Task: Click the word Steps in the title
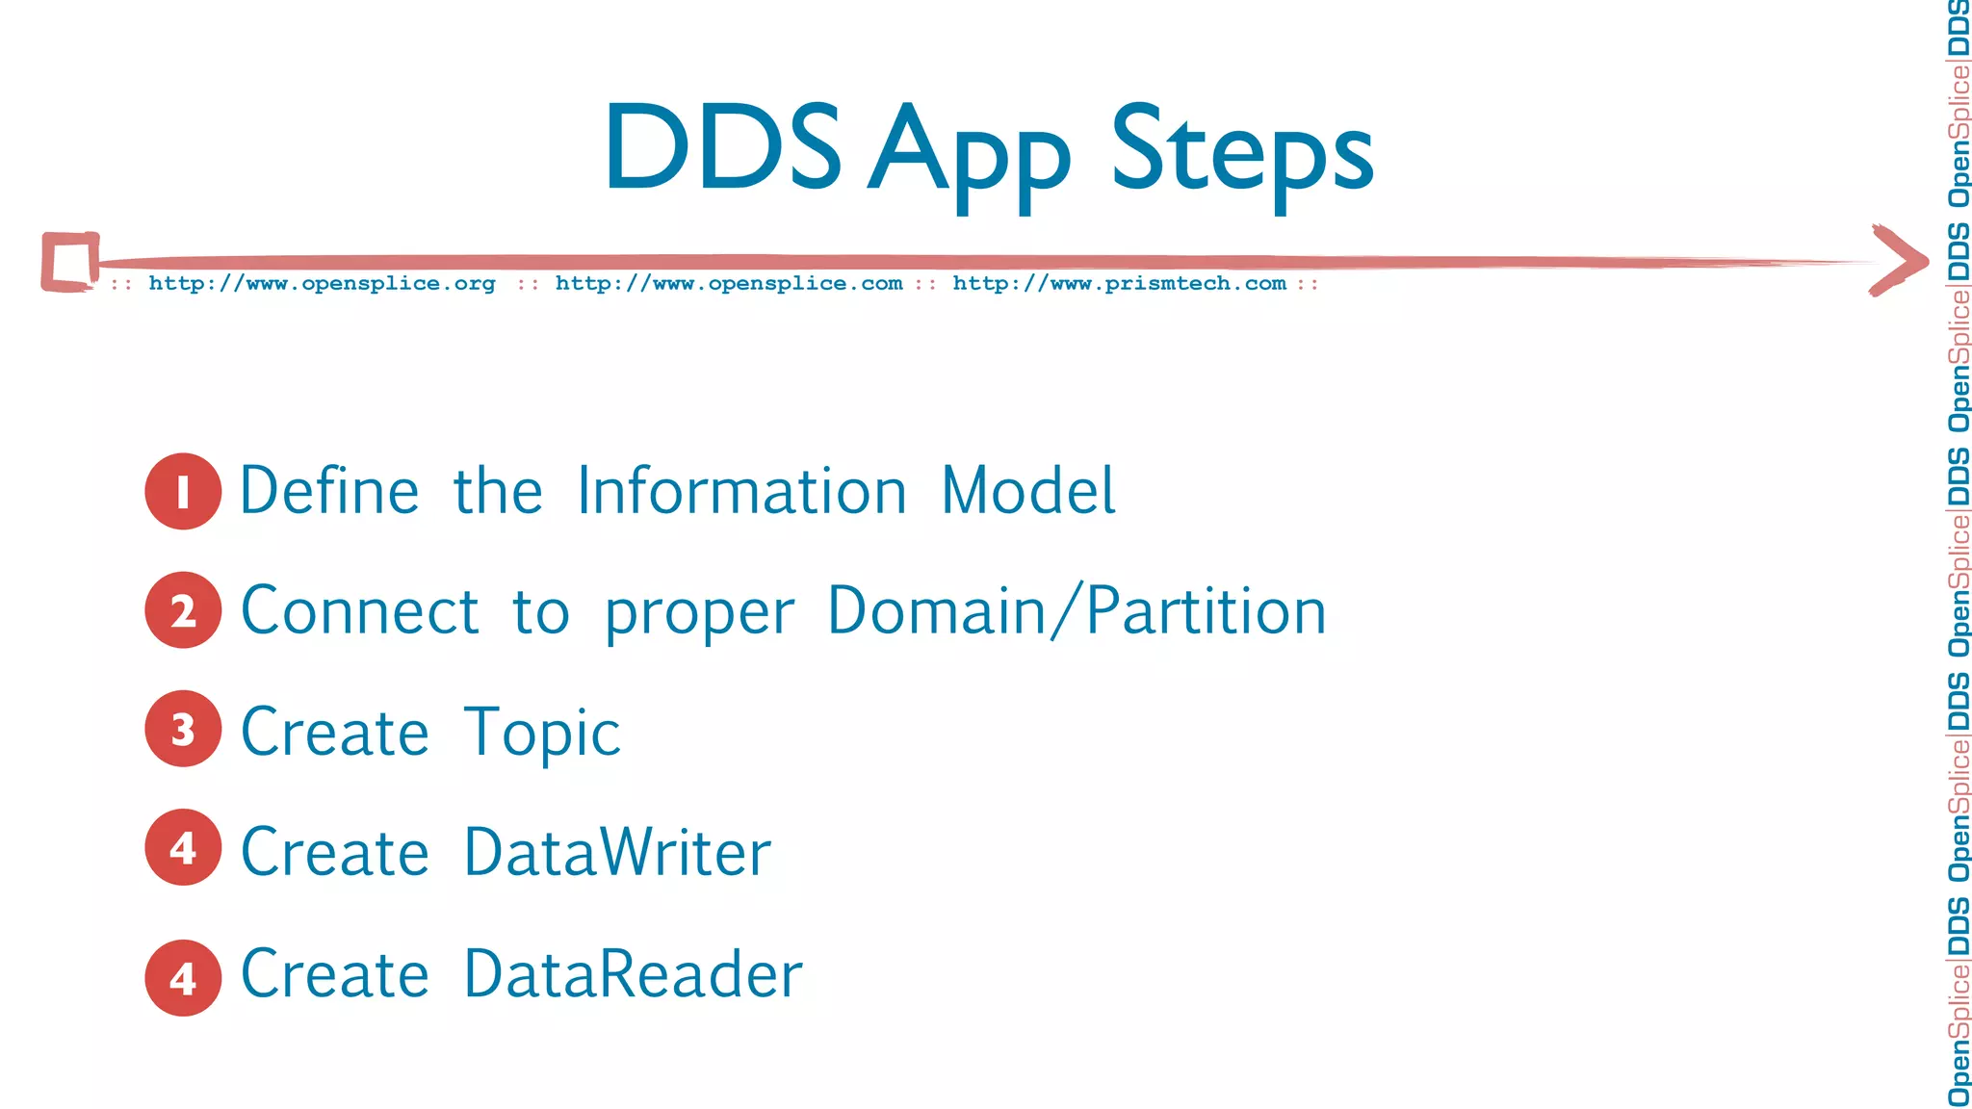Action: tap(1241, 149)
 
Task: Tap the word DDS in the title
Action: tap(722, 147)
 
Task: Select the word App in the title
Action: tap(969, 154)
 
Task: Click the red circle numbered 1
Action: tap(183, 491)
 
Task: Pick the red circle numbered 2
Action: tap(183, 610)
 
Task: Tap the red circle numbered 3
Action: tap(183, 729)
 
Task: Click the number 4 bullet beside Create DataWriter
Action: tap(183, 847)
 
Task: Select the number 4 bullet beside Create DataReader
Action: tap(183, 978)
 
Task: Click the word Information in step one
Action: tap(741, 491)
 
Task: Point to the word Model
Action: tap(1027, 491)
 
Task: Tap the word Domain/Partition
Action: tap(1077, 611)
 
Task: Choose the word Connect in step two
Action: tap(359, 611)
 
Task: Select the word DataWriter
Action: tap(617, 852)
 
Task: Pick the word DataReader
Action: tap(633, 974)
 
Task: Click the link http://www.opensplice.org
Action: tap(322, 284)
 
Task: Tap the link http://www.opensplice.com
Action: tap(729, 284)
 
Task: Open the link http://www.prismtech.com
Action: tap(1119, 284)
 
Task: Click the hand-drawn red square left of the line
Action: tap(69, 261)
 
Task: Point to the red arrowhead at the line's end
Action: tap(1899, 260)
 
